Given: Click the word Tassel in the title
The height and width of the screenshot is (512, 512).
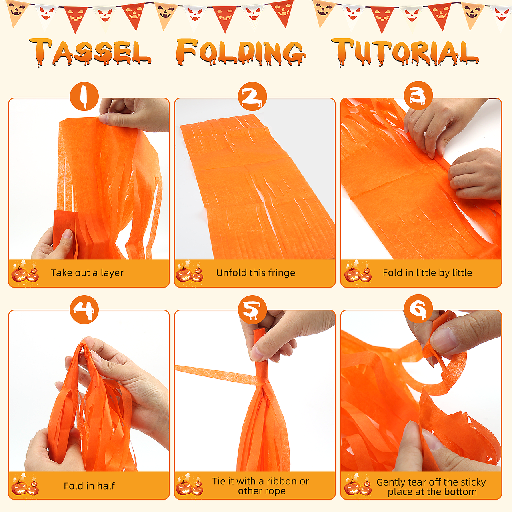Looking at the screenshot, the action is [x=90, y=52].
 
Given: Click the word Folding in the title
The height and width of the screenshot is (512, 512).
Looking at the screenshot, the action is [x=241, y=52].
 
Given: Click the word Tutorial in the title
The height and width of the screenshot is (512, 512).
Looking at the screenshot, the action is [x=405, y=52].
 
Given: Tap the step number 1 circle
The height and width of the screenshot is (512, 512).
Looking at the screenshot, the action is [x=84, y=96].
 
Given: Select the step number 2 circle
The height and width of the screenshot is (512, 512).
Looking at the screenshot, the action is [x=252, y=96].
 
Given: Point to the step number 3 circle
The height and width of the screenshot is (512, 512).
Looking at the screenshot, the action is [x=418, y=95].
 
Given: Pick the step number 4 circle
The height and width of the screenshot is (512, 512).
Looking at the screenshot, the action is [x=84, y=310].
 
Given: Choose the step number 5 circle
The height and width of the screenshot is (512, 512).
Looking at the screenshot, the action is [x=252, y=310].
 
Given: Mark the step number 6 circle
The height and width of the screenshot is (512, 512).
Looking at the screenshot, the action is [x=418, y=308].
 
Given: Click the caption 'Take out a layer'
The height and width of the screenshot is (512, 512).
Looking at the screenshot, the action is [x=87, y=273].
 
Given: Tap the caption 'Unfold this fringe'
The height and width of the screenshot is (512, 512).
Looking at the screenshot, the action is [x=256, y=273].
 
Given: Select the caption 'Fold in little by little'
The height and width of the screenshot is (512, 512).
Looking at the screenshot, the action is [x=427, y=273].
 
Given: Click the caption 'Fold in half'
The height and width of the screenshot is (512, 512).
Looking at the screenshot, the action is [x=89, y=486].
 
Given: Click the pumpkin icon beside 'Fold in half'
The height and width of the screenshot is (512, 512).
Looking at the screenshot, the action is [x=25, y=484].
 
